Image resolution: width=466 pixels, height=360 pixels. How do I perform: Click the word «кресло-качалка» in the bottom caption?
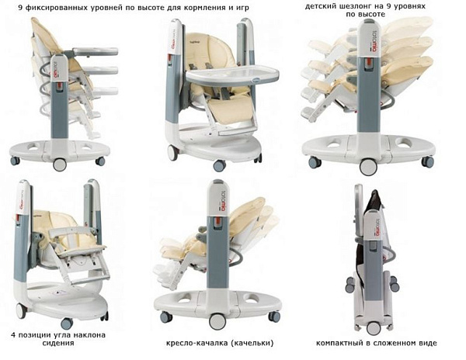coord(196,343)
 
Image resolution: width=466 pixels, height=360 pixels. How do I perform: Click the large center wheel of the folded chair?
coord(374,328)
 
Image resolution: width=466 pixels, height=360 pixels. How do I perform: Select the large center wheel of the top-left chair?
coord(60,164)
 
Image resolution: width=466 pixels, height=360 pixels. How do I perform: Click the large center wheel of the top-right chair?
coord(368,167)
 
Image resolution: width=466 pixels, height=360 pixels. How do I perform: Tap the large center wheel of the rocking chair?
coord(217,321)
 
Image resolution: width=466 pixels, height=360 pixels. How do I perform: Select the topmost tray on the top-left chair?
coord(94,52)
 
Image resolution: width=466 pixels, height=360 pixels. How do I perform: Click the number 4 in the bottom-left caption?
coord(13,335)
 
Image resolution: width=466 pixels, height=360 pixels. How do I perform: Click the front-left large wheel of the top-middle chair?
coord(173,153)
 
